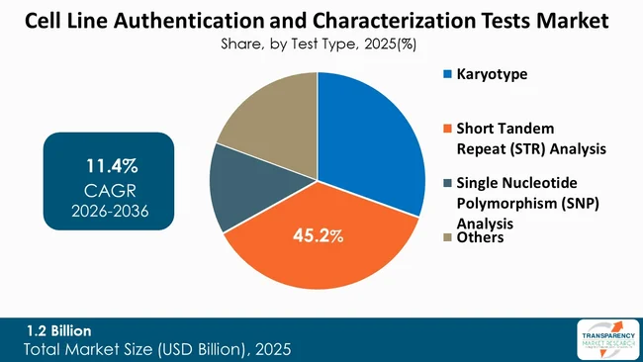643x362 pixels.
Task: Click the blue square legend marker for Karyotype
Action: pyautogui.click(x=447, y=74)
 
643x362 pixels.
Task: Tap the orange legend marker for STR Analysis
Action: pyautogui.click(x=447, y=129)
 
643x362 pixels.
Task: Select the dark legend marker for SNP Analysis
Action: pyautogui.click(x=447, y=184)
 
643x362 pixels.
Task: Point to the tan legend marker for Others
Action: pyautogui.click(x=447, y=237)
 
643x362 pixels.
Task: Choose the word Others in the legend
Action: pyautogui.click(x=480, y=237)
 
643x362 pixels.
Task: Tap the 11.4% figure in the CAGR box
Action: pyautogui.click(x=110, y=164)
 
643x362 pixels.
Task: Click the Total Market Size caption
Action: pyautogui.click(x=157, y=349)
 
